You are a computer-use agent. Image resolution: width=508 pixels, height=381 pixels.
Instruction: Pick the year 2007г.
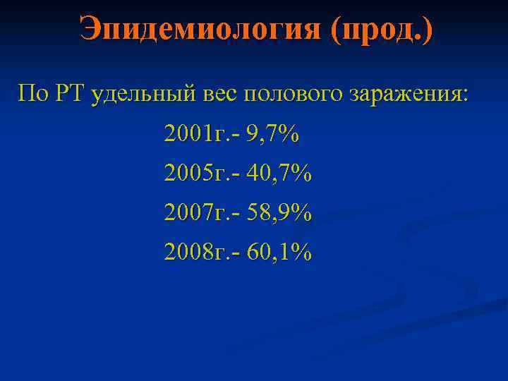click(199, 212)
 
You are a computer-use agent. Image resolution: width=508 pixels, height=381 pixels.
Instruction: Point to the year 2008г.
click(199, 251)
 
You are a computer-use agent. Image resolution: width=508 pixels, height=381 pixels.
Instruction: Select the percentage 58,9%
click(279, 212)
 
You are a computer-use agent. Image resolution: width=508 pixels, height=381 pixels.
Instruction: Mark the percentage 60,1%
click(279, 251)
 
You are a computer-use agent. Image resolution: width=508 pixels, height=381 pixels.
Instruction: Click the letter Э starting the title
click(91, 29)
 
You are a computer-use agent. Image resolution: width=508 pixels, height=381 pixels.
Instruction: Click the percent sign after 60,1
click(301, 251)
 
